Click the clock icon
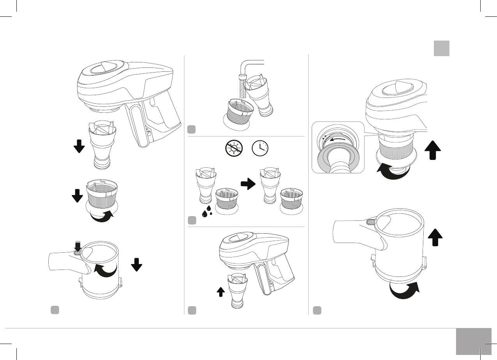260,148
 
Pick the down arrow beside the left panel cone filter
79,147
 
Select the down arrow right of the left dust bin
136,264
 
